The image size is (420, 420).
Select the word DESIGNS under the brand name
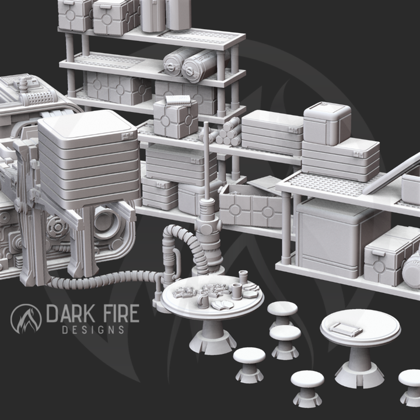point(93,330)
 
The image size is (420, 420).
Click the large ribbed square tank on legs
point(87,157)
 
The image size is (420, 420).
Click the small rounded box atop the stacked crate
point(327,123)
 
